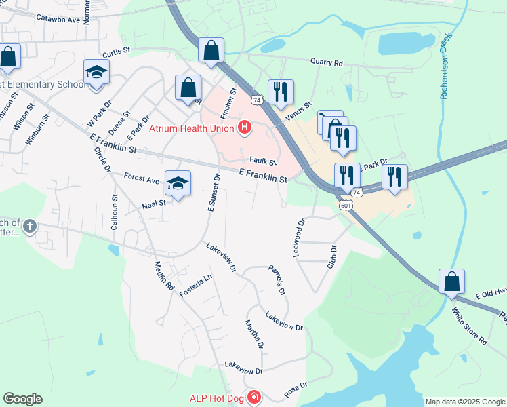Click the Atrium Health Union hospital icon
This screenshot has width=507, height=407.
(245, 127)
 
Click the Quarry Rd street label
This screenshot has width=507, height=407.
(327, 62)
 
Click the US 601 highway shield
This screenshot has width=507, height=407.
(346, 204)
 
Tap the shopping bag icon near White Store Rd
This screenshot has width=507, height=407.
(451, 282)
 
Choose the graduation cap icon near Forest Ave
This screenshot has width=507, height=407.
(178, 183)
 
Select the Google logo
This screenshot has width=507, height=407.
(22, 399)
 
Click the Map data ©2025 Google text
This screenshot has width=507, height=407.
(464, 402)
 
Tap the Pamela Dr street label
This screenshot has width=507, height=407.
(277, 279)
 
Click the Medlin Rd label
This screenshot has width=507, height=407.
(164, 276)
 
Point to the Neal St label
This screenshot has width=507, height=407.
(154, 203)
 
